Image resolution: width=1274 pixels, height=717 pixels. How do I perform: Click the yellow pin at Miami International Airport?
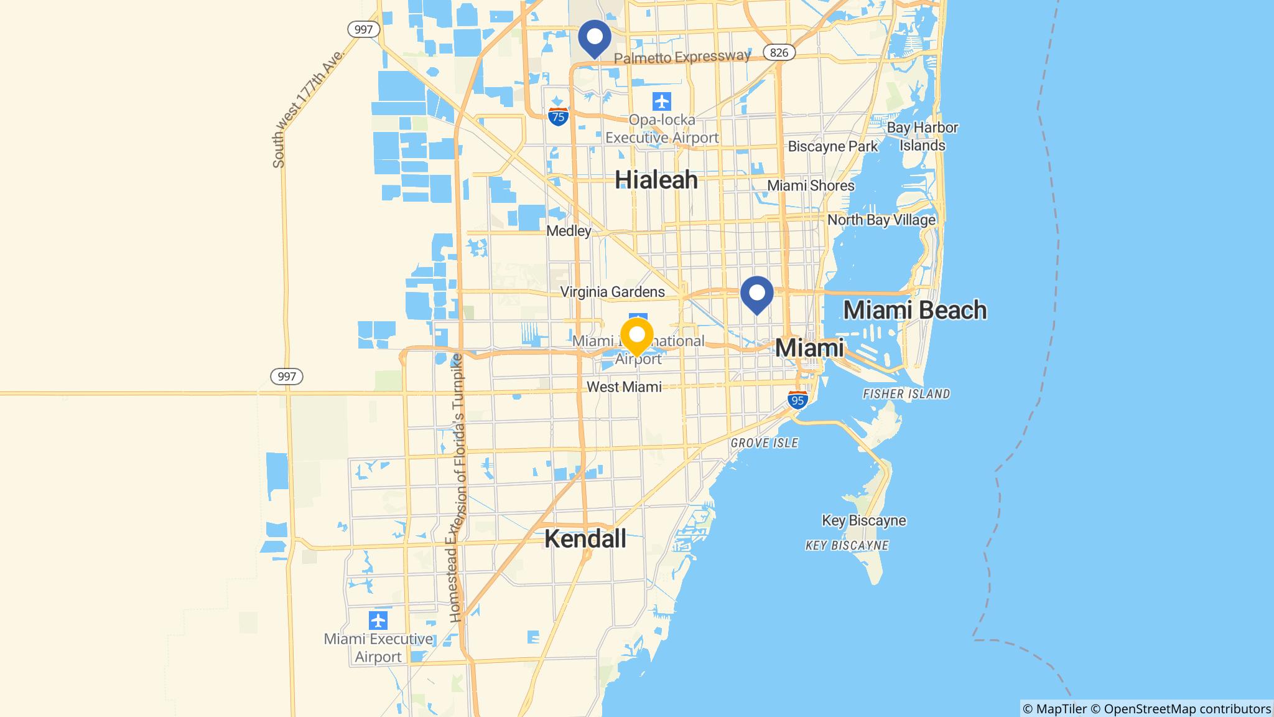[636, 335]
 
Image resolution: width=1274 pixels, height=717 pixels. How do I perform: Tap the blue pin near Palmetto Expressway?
[594, 37]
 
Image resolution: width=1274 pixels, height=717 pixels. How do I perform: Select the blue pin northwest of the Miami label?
[756, 293]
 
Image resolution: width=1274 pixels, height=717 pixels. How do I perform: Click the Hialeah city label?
[656, 180]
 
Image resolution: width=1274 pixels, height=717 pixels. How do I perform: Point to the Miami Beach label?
[914, 310]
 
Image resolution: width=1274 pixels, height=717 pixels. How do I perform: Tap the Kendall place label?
[585, 539]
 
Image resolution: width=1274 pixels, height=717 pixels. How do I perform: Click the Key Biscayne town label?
[863, 520]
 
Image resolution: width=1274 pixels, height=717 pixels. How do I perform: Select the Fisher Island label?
[906, 394]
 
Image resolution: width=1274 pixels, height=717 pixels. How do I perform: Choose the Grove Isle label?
[764, 443]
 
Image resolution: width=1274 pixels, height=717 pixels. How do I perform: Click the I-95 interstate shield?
[797, 400]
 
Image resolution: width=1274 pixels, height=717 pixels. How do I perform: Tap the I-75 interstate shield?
[559, 116]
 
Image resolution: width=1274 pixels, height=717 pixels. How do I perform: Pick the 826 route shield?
[779, 52]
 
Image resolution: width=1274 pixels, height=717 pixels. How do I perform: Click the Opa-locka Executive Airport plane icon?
[662, 100]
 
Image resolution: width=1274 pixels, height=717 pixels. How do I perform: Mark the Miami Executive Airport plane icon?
[378, 621]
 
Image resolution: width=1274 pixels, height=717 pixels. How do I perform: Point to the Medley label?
[569, 231]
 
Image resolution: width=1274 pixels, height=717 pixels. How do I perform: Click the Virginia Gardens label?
[612, 292]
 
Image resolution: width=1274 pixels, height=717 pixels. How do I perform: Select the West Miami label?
[624, 387]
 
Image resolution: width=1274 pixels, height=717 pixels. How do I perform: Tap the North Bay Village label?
[881, 220]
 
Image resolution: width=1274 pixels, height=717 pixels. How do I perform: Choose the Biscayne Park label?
[832, 147]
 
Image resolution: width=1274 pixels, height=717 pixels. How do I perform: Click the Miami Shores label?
[811, 185]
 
